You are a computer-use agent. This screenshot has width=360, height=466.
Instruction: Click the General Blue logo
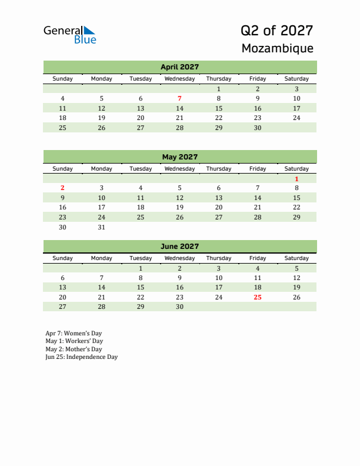[x=69, y=34]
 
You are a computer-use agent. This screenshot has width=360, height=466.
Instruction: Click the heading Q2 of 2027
[x=276, y=31]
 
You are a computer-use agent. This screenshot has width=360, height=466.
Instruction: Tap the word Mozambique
[x=277, y=48]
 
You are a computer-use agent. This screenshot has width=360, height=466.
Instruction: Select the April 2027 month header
[x=179, y=67]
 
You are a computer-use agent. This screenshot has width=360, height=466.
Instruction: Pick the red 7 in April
[x=179, y=99]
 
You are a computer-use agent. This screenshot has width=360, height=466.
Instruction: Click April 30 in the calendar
[x=257, y=128]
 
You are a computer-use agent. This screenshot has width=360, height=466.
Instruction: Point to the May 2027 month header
[x=179, y=157]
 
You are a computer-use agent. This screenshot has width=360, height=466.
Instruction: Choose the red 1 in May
[x=296, y=179]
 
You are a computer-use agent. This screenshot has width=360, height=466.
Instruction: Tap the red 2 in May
[x=62, y=188]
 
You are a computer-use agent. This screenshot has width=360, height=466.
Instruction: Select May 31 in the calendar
[x=101, y=227]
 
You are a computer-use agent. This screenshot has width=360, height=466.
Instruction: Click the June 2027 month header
[x=179, y=247]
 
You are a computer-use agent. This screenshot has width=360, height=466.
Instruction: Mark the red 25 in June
[x=257, y=297]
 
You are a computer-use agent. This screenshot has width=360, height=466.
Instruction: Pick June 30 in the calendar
[x=179, y=307]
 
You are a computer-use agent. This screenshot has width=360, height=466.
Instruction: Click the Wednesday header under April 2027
[x=179, y=79]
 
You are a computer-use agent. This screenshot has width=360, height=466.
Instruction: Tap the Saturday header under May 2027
[x=296, y=169]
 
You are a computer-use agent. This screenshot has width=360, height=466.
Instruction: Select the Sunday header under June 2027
[x=62, y=258]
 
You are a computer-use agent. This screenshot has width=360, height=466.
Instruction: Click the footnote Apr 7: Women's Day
[x=74, y=333]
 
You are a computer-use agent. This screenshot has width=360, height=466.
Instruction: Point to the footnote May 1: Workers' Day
[x=74, y=341]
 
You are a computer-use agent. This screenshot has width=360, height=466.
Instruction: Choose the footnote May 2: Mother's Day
[x=74, y=349]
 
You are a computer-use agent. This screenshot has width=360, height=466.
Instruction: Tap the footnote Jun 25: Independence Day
[x=81, y=357]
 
